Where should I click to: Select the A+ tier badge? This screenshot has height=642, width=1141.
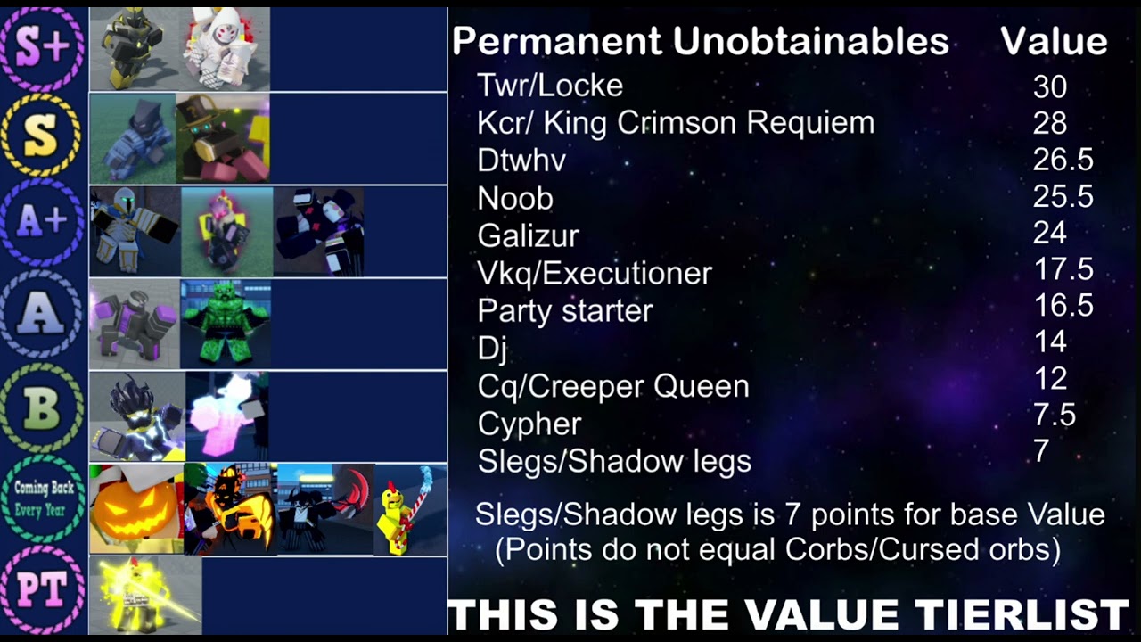pos(43,223)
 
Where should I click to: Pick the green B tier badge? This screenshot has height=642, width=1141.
pos(43,407)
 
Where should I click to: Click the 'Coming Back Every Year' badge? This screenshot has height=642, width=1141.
pos(43,499)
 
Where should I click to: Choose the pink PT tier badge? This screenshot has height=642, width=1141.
pos(43,591)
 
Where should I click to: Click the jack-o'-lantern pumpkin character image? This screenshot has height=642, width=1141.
pos(135,509)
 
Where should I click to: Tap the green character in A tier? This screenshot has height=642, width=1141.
pos(225,323)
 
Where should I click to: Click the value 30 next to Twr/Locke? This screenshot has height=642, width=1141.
pos(1050,86)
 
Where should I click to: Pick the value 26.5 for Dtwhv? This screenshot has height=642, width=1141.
pos(1063,160)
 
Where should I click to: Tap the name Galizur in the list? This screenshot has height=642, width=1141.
pos(528,235)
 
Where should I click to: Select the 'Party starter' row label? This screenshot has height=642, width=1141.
pos(565,310)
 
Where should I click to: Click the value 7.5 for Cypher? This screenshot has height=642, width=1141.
pos(1054,415)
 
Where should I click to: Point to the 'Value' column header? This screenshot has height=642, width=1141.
pos(1053,41)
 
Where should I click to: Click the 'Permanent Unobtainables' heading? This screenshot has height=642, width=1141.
pos(700,41)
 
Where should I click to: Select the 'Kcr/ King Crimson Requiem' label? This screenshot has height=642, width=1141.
pos(676,123)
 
